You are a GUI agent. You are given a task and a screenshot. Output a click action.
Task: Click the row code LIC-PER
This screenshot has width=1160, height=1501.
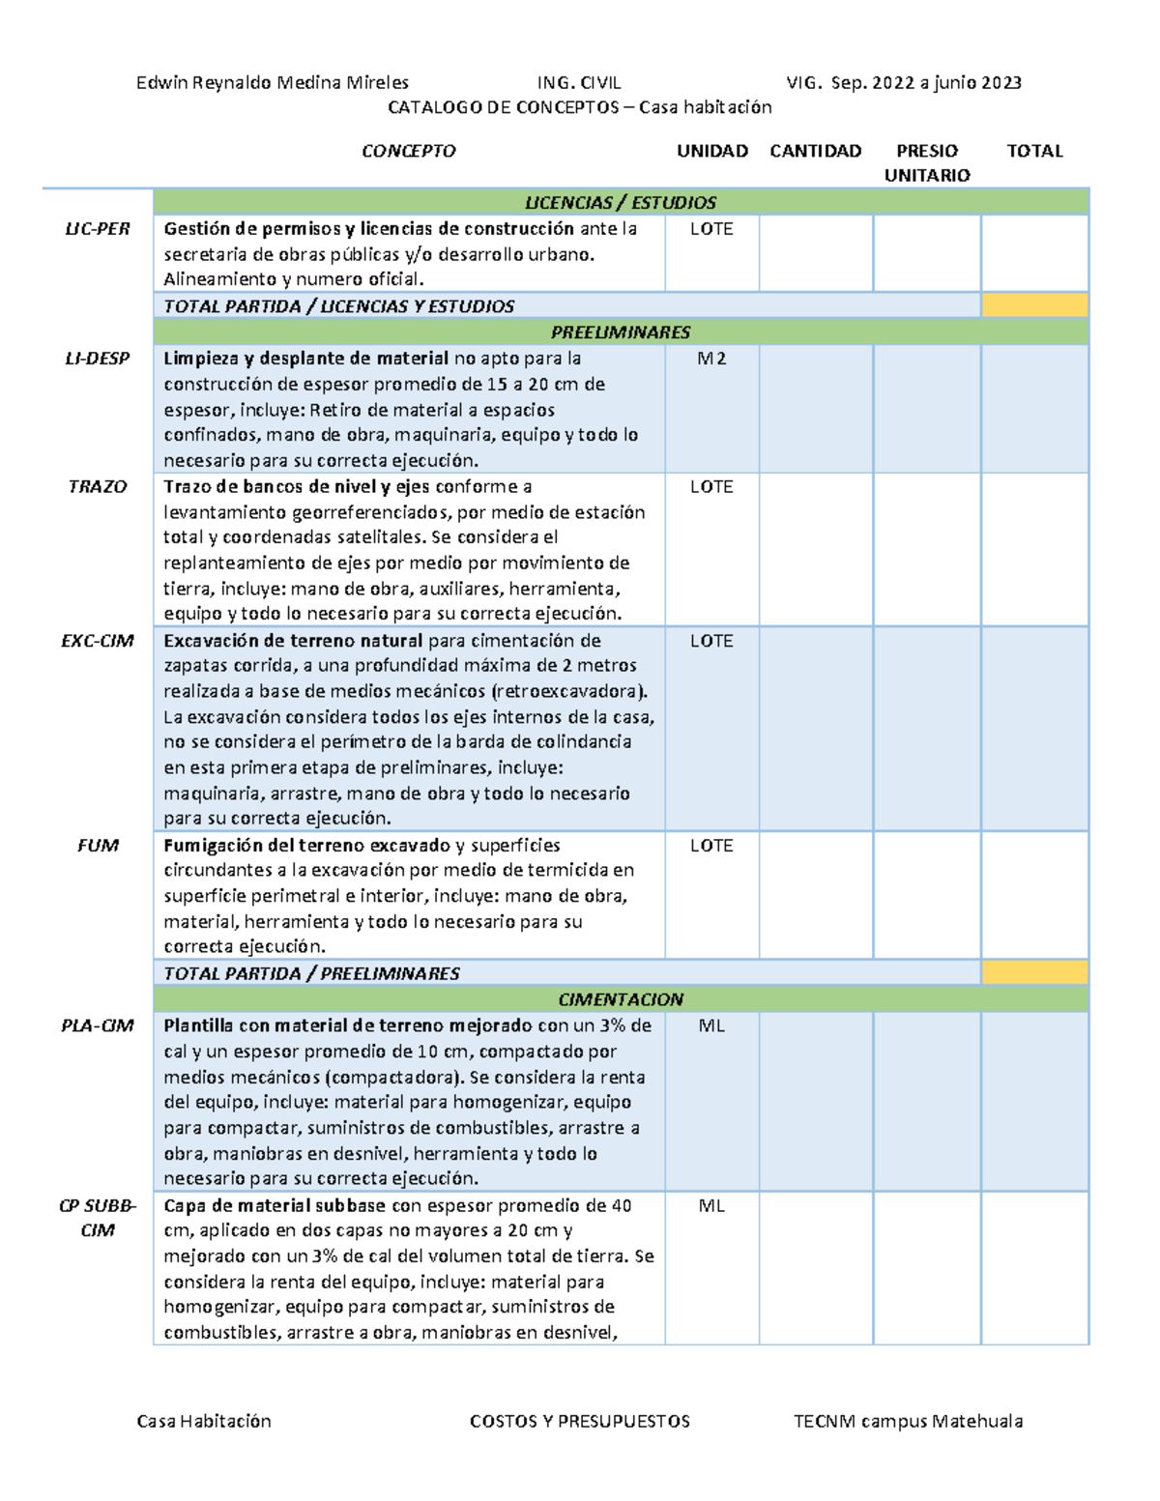[x=97, y=229]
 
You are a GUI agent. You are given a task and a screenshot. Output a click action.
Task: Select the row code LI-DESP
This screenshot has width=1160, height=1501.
[x=97, y=359]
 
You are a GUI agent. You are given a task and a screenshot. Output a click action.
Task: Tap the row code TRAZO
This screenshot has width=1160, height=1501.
[x=97, y=487]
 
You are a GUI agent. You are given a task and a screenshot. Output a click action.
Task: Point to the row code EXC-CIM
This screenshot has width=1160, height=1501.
[x=97, y=641]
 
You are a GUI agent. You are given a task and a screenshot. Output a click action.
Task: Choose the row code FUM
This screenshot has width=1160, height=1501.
[x=98, y=846]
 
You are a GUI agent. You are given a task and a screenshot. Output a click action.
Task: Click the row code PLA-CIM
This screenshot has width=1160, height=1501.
[x=97, y=1025]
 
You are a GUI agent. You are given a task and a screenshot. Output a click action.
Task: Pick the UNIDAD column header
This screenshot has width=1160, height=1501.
[x=712, y=151]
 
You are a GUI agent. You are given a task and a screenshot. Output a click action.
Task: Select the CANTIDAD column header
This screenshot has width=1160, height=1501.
[x=815, y=151]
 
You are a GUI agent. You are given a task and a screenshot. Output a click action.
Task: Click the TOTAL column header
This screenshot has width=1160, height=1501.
[x=1034, y=151]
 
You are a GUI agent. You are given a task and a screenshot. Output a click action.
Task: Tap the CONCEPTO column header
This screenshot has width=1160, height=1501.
[x=408, y=151]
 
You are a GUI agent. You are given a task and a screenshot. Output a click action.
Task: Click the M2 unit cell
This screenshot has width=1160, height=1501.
[x=711, y=359]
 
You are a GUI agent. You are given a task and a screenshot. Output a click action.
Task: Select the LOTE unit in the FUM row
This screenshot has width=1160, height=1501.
[x=711, y=846]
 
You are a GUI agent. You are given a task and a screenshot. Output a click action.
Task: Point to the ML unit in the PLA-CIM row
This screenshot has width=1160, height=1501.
[x=711, y=1025]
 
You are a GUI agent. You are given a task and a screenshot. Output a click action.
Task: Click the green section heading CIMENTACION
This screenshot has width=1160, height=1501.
[x=621, y=999]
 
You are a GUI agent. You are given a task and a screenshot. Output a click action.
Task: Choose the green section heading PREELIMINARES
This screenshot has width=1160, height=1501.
[x=621, y=332]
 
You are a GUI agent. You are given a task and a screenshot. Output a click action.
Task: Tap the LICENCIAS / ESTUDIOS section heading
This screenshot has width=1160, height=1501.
[x=621, y=203]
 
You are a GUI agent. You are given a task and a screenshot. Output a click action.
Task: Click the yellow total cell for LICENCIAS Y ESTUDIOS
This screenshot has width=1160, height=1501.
[x=1034, y=305]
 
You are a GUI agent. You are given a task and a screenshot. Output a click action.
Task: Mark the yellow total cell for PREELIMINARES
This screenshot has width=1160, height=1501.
[x=1034, y=972]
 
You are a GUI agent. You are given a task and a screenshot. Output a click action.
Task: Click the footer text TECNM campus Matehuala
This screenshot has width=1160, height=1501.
[x=908, y=1421]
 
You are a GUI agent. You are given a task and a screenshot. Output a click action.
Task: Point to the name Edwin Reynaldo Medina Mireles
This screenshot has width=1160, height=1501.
[x=273, y=83]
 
